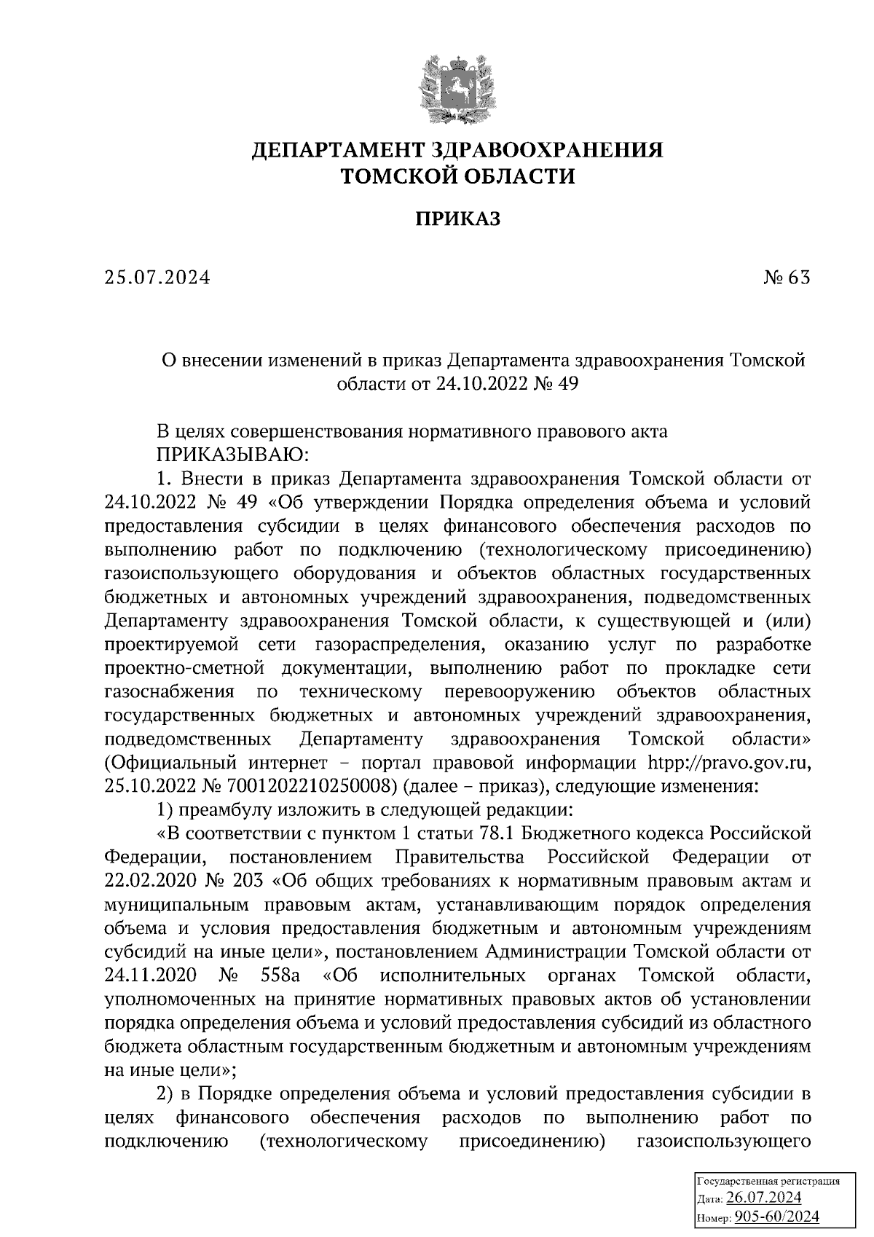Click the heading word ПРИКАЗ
[x=457, y=219]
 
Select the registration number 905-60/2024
[x=777, y=1216]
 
